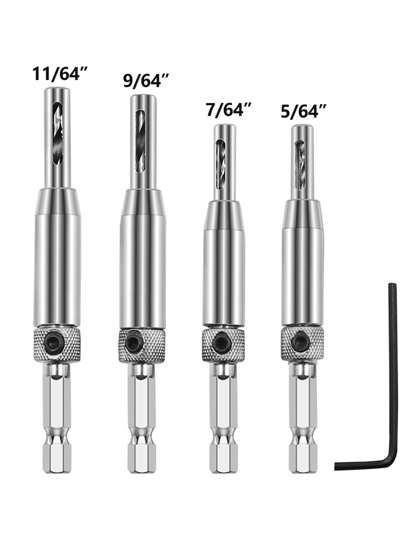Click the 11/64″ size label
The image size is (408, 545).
pyautogui.click(x=59, y=74)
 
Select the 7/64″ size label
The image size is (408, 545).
pyautogui.click(x=228, y=109)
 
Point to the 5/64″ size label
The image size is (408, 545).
pyautogui.click(x=304, y=112)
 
